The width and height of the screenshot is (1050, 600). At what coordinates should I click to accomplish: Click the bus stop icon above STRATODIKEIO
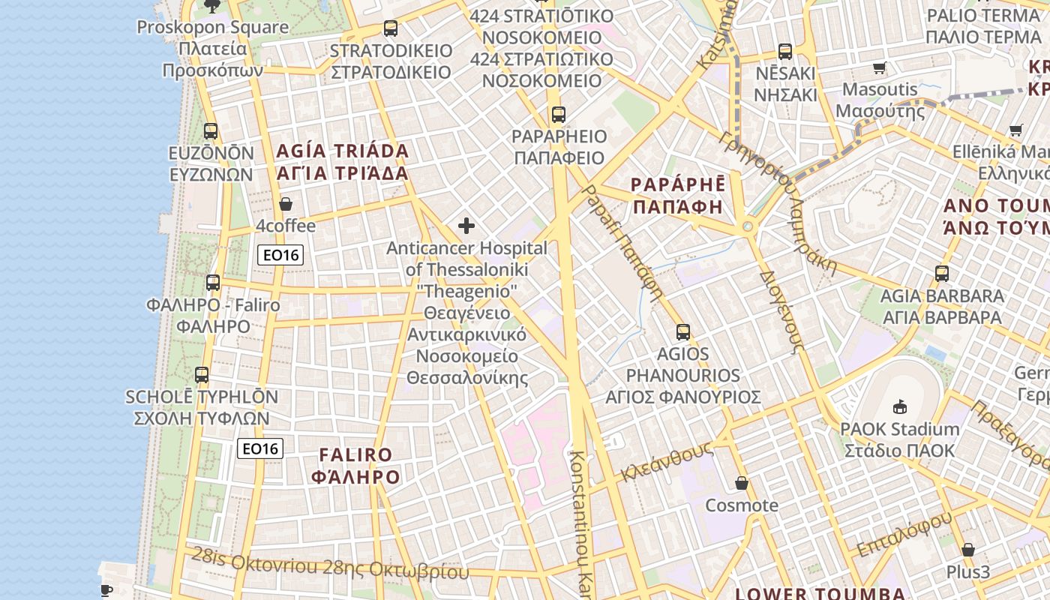pos(391,28)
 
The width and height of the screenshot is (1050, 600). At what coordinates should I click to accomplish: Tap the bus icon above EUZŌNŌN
pos(211,131)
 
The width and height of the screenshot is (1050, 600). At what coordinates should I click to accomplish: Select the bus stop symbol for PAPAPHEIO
pos(558,115)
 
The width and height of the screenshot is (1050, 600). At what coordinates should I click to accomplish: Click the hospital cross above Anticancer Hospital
pos(466,226)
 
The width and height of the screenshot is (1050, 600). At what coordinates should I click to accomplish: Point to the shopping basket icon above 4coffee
pos(286,204)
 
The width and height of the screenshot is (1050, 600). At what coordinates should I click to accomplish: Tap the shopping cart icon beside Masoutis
pos(880,68)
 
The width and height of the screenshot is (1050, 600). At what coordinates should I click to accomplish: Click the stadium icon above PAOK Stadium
pos(899,407)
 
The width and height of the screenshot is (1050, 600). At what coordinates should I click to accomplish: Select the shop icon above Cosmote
pos(742,484)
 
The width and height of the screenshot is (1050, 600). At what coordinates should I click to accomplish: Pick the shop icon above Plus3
pos(968,550)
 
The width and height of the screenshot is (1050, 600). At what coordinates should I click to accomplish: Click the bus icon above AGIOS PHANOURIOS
pos(682,331)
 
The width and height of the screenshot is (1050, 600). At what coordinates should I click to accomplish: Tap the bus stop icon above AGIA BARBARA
pos(942,274)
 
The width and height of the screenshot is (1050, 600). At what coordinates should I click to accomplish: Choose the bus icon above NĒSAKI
pos(785,52)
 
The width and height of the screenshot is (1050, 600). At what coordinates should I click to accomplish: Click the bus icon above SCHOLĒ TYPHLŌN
pos(202,375)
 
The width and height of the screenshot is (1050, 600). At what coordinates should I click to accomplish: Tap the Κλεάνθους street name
pos(667,460)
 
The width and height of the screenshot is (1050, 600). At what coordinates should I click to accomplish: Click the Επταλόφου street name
pos(904,534)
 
